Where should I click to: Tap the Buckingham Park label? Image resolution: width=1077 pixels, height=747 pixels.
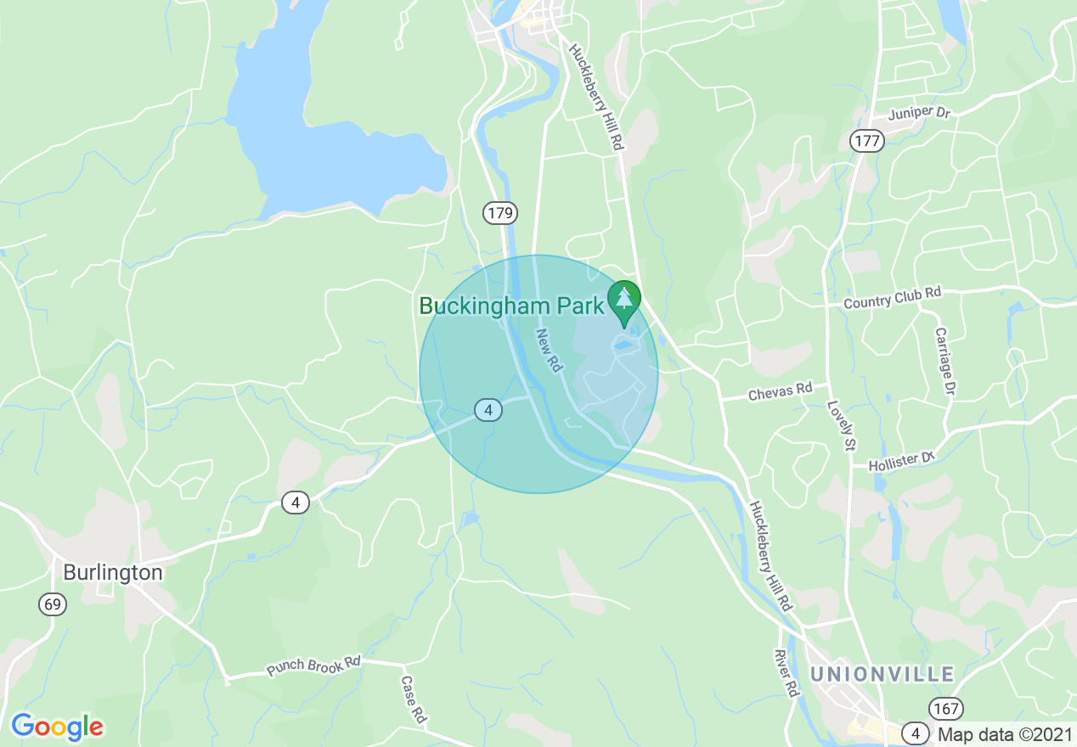(511, 306)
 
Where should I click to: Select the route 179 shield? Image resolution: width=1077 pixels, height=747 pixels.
(500, 213)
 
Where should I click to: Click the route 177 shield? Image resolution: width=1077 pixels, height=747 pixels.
(868, 141)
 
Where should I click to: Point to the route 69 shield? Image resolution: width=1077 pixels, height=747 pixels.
(52, 604)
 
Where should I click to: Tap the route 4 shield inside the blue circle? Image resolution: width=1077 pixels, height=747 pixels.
(488, 410)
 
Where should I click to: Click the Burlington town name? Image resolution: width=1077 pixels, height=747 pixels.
(112, 572)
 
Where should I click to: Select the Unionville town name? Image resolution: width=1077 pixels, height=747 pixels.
(882, 674)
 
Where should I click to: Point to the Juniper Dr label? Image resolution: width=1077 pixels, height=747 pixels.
(918, 113)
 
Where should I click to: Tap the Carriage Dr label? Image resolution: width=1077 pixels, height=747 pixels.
(944, 361)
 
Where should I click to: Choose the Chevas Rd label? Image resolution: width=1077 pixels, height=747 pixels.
(780, 392)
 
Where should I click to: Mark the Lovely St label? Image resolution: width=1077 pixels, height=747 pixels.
(840, 425)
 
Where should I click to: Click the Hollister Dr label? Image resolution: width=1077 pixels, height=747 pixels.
(900, 462)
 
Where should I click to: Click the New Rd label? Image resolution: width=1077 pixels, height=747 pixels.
(550, 351)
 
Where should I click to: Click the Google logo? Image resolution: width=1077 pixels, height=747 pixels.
(57, 727)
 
